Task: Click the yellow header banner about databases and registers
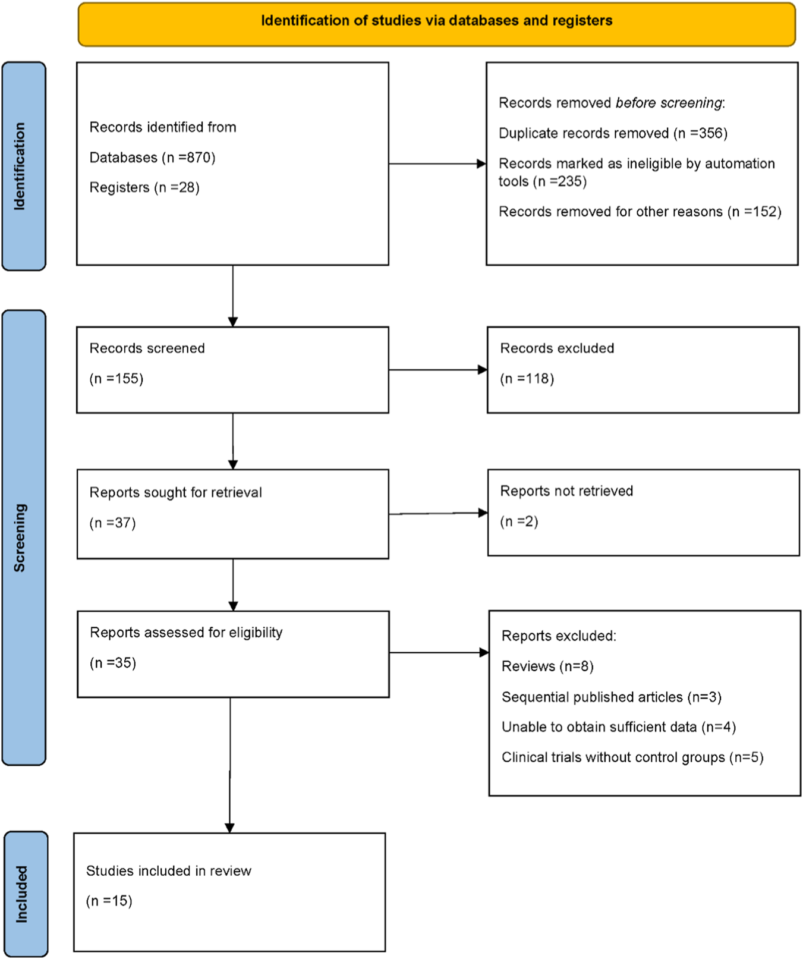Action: (x=436, y=24)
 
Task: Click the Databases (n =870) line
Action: (x=152, y=158)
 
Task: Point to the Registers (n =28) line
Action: (x=144, y=188)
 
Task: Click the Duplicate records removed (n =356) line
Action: (x=613, y=133)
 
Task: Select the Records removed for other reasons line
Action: (x=640, y=212)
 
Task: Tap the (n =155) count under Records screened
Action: (x=116, y=379)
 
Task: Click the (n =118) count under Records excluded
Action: (x=527, y=379)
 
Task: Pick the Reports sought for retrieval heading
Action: (x=175, y=492)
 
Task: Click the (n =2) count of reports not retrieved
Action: (x=519, y=521)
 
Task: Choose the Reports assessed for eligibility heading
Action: (x=186, y=633)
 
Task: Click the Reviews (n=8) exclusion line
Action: (x=547, y=666)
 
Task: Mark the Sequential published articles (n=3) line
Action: (x=611, y=697)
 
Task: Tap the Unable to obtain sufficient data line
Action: (x=618, y=727)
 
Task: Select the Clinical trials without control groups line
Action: (x=632, y=757)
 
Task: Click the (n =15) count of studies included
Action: (x=109, y=901)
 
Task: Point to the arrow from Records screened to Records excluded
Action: (x=437, y=370)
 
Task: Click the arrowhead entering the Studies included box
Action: (x=230, y=828)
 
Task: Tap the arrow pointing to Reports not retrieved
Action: (x=438, y=513)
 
